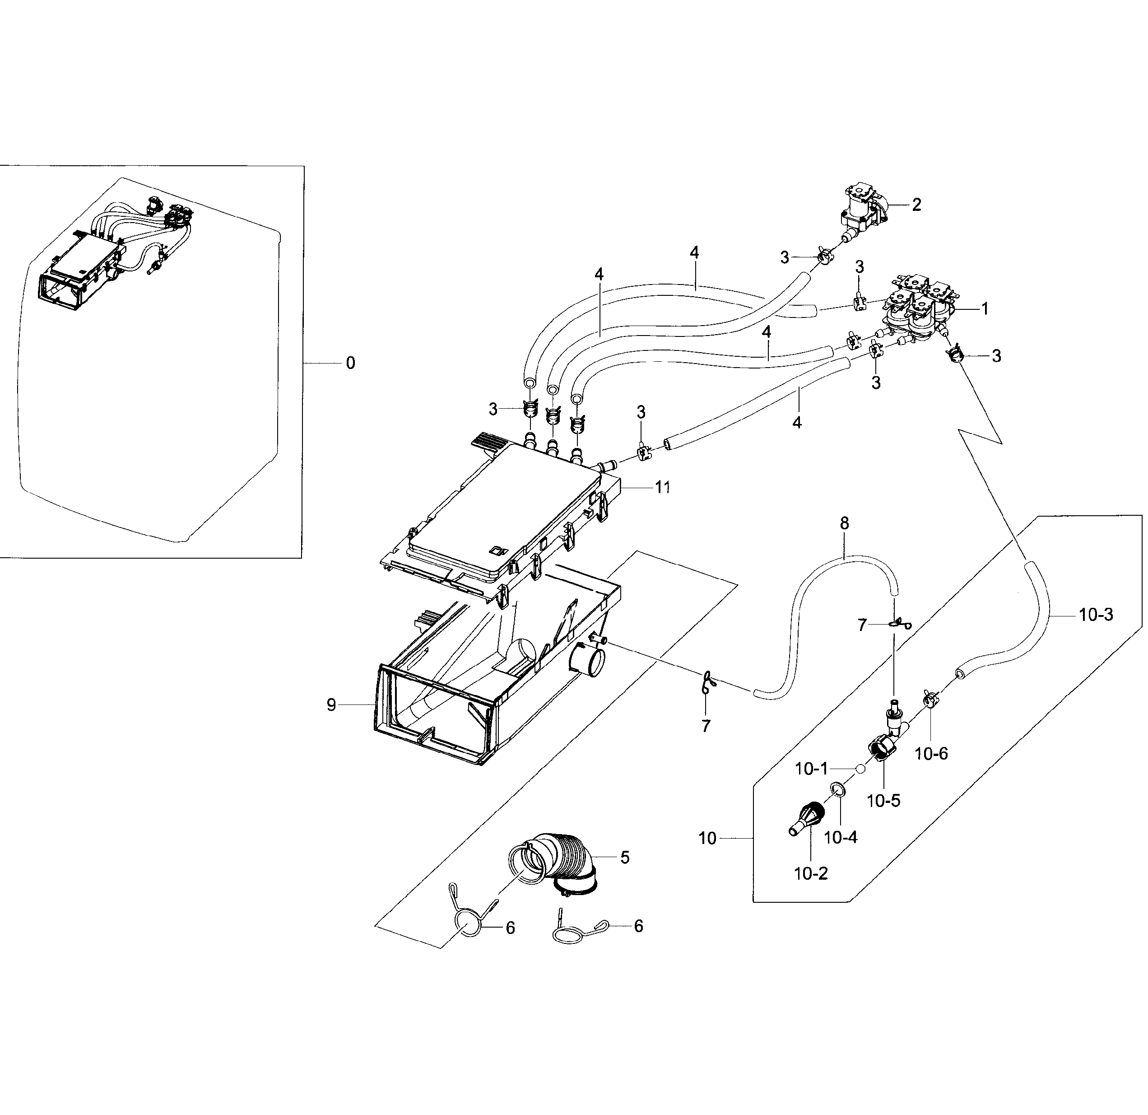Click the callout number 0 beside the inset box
[x=350, y=364]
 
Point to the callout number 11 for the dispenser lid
[x=662, y=487]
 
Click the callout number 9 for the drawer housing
[x=331, y=705]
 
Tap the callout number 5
[x=625, y=858]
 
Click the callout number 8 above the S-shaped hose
[x=844, y=523]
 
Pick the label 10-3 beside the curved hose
[x=1096, y=615]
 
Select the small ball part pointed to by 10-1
[x=860, y=769]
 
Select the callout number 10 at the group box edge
[x=707, y=839]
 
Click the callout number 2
[x=917, y=205]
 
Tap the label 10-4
[x=841, y=838]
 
